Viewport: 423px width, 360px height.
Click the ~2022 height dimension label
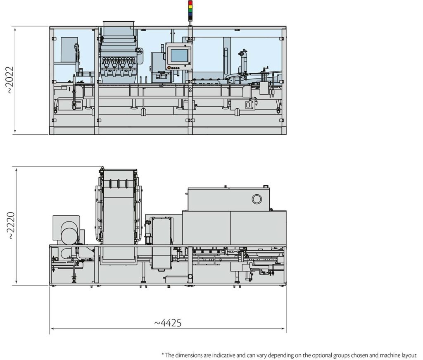(10, 80)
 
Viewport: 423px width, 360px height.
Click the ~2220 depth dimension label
(11, 225)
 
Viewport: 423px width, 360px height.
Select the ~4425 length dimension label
(168, 322)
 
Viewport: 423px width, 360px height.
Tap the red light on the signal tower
(190, 3)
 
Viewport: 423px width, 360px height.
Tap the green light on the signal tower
(190, 11)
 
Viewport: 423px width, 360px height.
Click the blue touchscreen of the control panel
(179, 55)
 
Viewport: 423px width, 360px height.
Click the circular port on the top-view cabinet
(257, 199)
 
